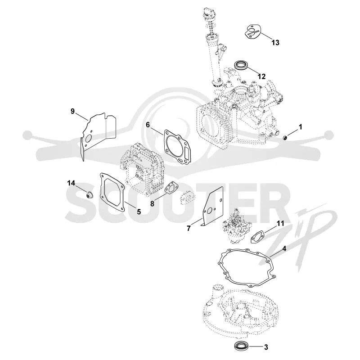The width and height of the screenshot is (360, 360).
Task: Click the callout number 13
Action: [275, 43]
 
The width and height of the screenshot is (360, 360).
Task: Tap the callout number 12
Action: [261, 76]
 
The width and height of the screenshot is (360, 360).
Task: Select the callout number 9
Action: [72, 111]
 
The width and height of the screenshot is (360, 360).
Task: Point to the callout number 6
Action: [148, 125]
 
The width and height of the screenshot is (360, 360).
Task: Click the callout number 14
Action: [71, 183]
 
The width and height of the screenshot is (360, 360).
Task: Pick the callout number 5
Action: [139, 211]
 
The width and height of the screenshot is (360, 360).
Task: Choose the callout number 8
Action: [152, 203]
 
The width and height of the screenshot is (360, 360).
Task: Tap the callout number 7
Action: [189, 229]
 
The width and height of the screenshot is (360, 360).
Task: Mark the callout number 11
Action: [280, 223]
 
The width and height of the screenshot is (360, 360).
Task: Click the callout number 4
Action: [284, 249]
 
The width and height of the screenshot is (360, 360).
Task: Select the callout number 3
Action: [266, 347]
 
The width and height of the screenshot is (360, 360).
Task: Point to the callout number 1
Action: [300, 127]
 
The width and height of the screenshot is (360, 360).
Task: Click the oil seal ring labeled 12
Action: [241, 65]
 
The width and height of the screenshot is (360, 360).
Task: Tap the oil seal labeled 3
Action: [240, 346]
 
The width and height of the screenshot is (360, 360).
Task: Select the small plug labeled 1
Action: [285, 138]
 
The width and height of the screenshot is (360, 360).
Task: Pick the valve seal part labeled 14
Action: [89, 195]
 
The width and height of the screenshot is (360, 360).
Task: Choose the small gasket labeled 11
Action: [257, 237]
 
